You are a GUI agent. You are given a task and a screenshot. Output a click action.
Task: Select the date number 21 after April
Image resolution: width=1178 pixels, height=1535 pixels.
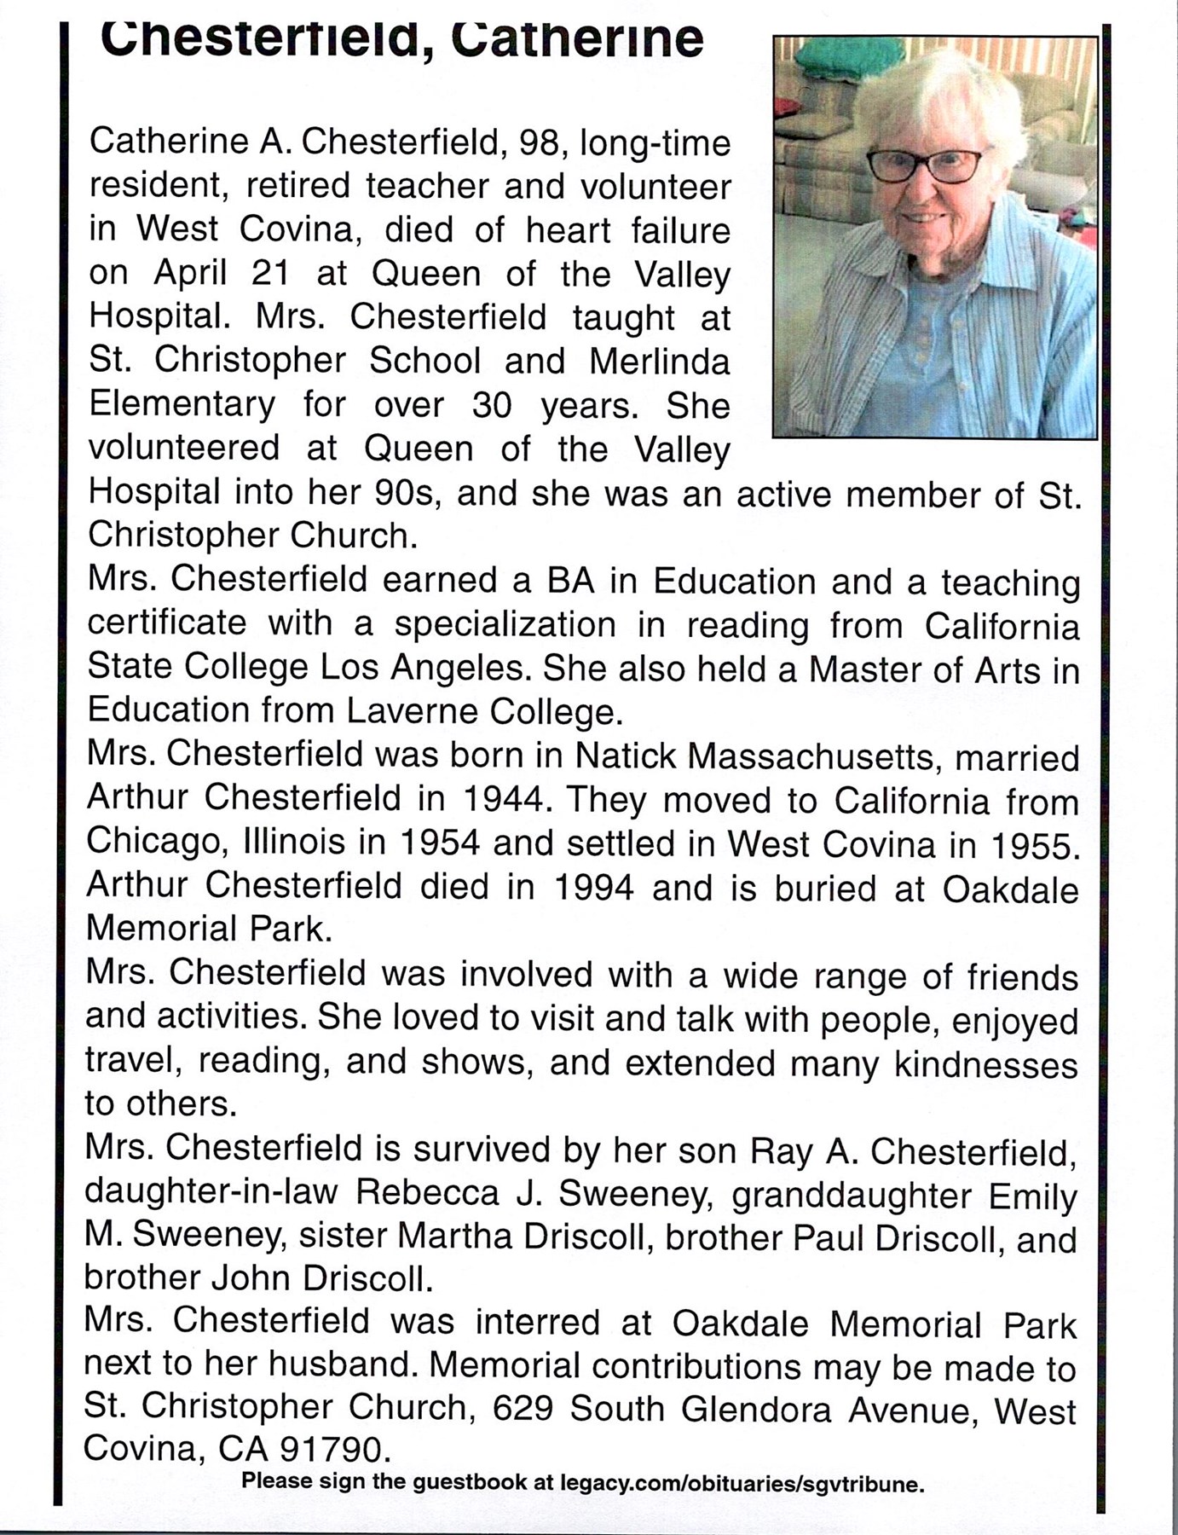coord(270,273)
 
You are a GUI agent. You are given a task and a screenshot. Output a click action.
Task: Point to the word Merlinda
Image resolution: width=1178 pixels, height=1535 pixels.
coord(659,362)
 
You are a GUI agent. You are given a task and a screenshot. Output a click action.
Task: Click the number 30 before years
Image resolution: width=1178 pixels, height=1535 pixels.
coord(492,406)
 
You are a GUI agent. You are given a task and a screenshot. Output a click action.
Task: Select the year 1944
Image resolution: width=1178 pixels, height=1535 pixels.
coord(505,799)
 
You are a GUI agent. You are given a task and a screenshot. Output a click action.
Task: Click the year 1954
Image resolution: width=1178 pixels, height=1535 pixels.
coord(439,843)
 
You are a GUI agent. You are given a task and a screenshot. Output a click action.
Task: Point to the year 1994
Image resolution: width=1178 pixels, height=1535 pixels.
coord(593,887)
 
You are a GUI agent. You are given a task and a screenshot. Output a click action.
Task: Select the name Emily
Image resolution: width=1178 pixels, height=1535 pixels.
coord(1032,1196)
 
